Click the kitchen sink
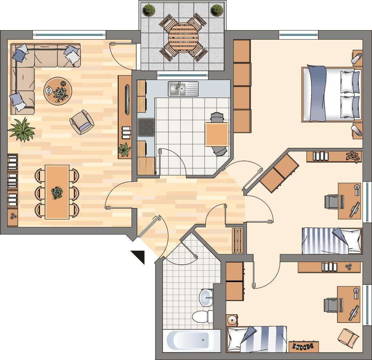pyautogui.click(x=183, y=89)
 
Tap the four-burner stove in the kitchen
pyautogui.click(x=146, y=128)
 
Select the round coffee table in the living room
pyautogui.click(x=58, y=91)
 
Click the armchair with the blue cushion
pyautogui.click(x=82, y=122)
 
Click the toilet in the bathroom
pyautogui.click(x=202, y=317)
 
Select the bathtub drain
pyautogui.click(x=203, y=340)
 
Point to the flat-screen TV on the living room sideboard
pyautogui.click(x=127, y=99)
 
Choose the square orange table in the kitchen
pyautogui.click(x=217, y=134)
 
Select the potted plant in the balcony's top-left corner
pyautogui.click(x=149, y=10)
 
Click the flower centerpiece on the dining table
pyautogui.click(x=57, y=193)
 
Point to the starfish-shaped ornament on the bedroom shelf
pyautogui.click(x=352, y=156)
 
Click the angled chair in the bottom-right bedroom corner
pyautogui.click(x=348, y=337)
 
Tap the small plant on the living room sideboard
pyautogui.click(x=124, y=149)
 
